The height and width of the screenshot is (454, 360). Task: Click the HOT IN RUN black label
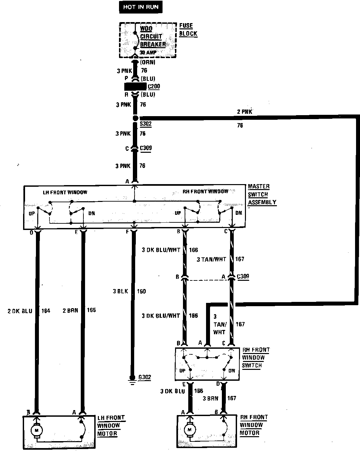pyautogui.click(x=141, y=7)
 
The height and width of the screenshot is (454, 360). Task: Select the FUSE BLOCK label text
pyautogui.click(x=188, y=30)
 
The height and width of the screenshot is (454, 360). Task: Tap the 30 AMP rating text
pyautogui.click(x=149, y=52)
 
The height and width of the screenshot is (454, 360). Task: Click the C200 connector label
pyautogui.click(x=154, y=87)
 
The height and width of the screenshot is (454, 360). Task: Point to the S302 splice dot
pyautogui.click(x=135, y=118)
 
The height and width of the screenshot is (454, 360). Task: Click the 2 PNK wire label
pyautogui.click(x=245, y=112)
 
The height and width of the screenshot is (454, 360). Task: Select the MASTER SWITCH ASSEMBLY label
pyautogui.click(x=262, y=194)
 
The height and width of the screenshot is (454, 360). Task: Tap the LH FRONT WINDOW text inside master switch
pyautogui.click(x=65, y=192)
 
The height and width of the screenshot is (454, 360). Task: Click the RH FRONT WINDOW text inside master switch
pyautogui.click(x=205, y=191)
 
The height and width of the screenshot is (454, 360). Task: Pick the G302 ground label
pyautogui.click(x=145, y=377)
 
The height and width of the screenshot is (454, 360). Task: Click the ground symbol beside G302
pyautogui.click(x=132, y=383)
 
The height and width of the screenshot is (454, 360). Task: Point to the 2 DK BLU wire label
pyautogui.click(x=20, y=310)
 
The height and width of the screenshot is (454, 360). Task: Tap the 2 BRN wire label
pyautogui.click(x=70, y=310)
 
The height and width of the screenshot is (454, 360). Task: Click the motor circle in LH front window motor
pyautogui.click(x=37, y=430)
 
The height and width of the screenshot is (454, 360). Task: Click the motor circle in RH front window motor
pyautogui.click(x=189, y=430)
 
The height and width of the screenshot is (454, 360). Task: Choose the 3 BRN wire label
pyautogui.click(x=210, y=398)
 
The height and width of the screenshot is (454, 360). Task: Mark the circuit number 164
pyautogui.click(x=46, y=310)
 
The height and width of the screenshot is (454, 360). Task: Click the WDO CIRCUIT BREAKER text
pyautogui.click(x=153, y=36)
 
